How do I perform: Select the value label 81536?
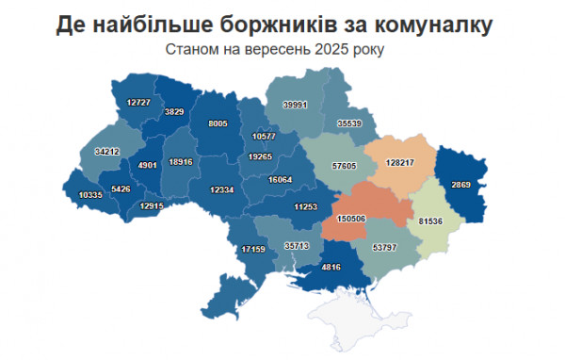click(433, 222)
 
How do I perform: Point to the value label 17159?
click(253, 249)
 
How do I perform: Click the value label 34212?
click(107, 151)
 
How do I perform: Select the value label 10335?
click(91, 194)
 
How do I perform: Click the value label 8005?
click(218, 123)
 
